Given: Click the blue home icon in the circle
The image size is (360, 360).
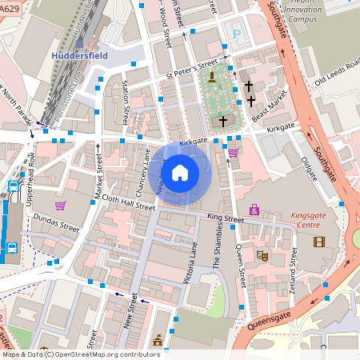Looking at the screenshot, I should point(180,171).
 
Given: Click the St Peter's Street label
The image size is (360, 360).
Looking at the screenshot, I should point(191,68).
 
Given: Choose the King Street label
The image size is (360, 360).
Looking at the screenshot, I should point(225,218).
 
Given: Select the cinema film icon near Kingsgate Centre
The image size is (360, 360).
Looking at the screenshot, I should point(320,242).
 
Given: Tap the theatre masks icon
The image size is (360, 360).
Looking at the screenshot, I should point(261,255).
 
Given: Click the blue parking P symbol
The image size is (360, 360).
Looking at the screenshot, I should point(235,34).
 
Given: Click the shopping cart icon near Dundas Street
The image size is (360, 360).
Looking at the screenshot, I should point(60,205).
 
